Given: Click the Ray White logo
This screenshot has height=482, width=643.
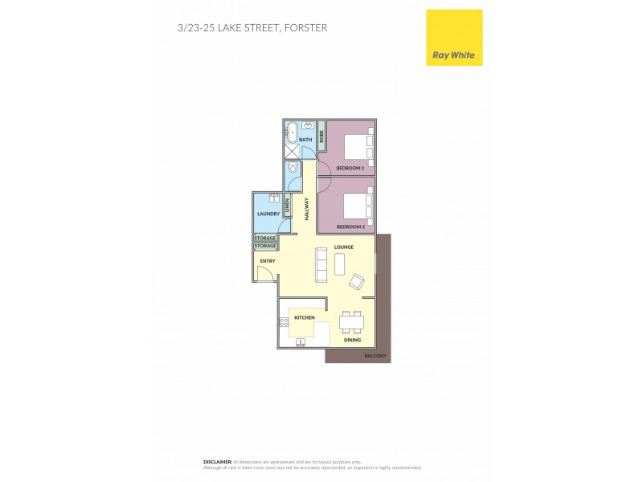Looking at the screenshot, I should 453,38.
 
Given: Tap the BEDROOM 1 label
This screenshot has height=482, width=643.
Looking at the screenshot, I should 350,168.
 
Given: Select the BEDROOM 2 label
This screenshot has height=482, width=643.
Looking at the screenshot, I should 350,227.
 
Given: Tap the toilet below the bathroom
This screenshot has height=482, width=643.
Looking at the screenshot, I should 293,170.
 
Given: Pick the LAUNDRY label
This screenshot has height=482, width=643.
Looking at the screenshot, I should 268,214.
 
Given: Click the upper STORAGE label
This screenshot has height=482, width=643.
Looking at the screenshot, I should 265,239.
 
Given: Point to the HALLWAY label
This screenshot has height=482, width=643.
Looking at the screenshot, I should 306,210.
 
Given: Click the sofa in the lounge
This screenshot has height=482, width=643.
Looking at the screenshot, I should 321,264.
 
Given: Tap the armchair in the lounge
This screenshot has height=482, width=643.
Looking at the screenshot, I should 355,281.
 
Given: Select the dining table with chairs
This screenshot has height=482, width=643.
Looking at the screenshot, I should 350,322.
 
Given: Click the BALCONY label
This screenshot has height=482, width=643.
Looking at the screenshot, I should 375,355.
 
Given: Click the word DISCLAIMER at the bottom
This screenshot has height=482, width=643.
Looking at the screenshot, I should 217,462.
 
